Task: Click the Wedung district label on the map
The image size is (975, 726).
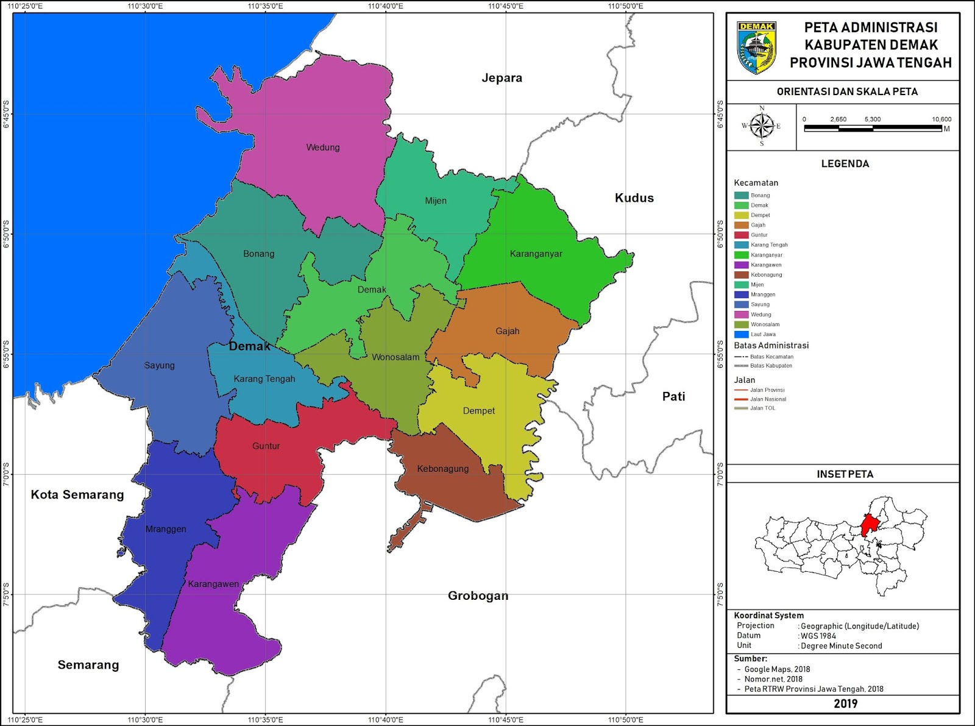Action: pyautogui.click(x=323, y=148)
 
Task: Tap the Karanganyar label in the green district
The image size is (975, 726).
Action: pyautogui.click(x=536, y=254)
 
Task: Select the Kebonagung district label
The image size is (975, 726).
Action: pyautogui.click(x=443, y=469)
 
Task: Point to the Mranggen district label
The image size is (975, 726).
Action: pyautogui.click(x=166, y=529)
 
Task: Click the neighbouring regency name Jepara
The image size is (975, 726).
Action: pyautogui.click(x=502, y=78)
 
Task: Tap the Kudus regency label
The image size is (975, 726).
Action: pyautogui.click(x=634, y=198)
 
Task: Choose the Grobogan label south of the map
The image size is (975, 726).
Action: pyautogui.click(x=478, y=596)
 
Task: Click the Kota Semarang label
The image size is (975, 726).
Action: pyautogui.click(x=77, y=495)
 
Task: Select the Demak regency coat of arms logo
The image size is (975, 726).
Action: pyautogui.click(x=756, y=48)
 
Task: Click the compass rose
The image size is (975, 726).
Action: pyautogui.click(x=761, y=126)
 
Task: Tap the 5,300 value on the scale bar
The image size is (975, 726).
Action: pyautogui.click(x=872, y=119)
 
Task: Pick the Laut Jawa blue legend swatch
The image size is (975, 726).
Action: pyautogui.click(x=741, y=334)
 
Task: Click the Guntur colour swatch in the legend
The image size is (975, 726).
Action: pyautogui.click(x=741, y=235)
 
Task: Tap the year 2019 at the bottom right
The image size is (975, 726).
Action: pyautogui.click(x=845, y=703)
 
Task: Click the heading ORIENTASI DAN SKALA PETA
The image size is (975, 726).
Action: pyautogui.click(x=846, y=92)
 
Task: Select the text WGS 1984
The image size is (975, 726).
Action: pyautogui.click(x=819, y=636)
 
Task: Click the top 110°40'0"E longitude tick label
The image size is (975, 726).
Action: pyautogui.click(x=385, y=6)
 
